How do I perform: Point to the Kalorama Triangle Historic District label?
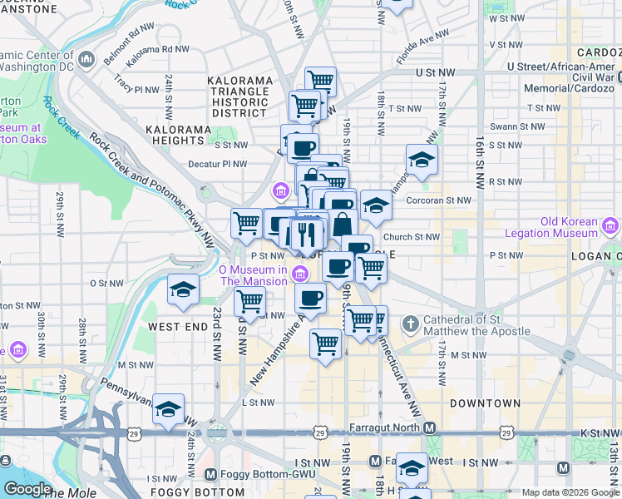click(x=239, y=96)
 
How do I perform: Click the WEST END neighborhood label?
click(x=177, y=327)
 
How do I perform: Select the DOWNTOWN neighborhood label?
click(x=485, y=403)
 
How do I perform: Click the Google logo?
click(x=27, y=488)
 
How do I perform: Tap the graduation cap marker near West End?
click(x=183, y=290)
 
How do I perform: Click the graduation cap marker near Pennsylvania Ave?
click(x=168, y=409)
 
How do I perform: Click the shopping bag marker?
click(x=343, y=224)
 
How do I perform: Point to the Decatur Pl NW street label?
click(x=217, y=164)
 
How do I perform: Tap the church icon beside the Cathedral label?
click(x=410, y=323)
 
